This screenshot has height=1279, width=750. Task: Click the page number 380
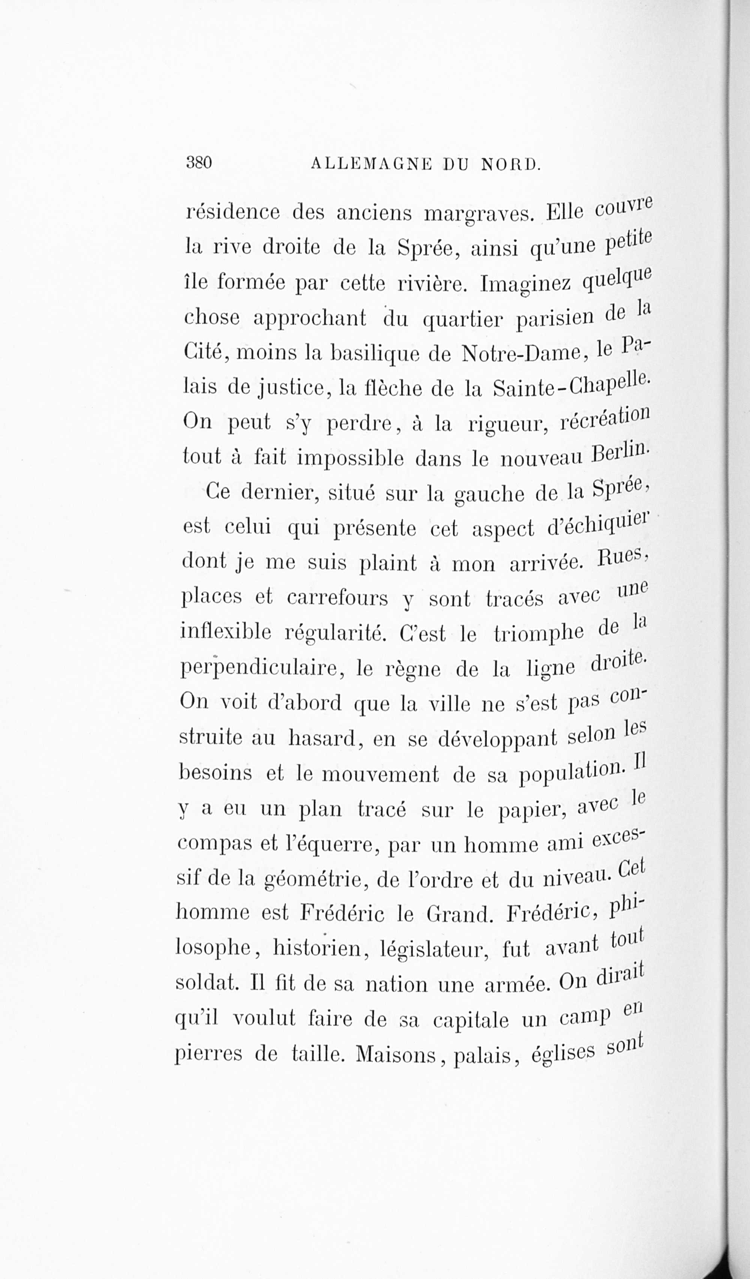click(199, 162)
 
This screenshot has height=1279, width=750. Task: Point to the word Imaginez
click(526, 283)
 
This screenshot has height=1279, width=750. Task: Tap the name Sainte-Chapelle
click(571, 386)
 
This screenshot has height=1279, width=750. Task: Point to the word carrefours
click(337, 598)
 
